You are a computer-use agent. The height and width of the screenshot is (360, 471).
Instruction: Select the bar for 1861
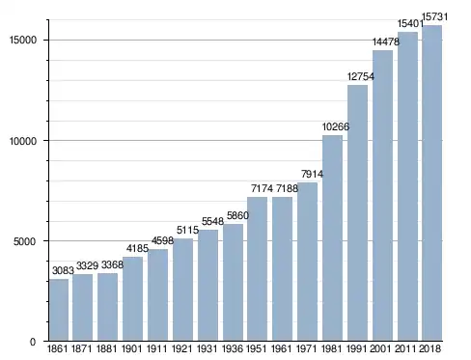(59, 310)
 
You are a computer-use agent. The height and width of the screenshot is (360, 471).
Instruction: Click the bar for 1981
(332, 238)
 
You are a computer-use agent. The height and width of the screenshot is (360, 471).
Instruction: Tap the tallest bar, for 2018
(432, 183)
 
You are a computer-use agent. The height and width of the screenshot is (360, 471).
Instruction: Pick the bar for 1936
(233, 283)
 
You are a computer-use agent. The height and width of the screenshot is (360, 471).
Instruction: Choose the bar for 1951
(257, 269)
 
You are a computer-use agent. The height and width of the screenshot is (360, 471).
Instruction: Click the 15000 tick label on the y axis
(23, 41)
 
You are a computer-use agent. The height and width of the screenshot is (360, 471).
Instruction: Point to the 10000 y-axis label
(23, 141)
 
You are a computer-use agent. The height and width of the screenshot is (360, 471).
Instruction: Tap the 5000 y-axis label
(25, 241)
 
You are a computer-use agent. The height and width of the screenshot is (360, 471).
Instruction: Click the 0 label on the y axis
(33, 342)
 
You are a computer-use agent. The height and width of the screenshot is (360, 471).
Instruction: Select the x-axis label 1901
(132, 348)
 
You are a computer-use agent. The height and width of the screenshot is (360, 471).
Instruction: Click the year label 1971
(307, 348)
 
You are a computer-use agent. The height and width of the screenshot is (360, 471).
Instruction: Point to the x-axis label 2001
(381, 348)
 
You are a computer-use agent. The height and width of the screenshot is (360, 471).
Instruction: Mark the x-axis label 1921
(182, 348)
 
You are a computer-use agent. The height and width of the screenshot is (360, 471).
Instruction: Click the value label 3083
(63, 270)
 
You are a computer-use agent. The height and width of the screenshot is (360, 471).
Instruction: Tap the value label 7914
(312, 174)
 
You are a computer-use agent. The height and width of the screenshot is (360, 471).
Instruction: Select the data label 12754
(361, 76)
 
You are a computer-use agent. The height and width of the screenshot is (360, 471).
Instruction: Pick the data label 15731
(434, 16)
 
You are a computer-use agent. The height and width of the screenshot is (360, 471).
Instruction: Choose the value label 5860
(237, 215)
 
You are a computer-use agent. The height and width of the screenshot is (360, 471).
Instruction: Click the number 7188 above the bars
(288, 188)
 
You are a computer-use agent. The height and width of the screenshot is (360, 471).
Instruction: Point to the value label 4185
(137, 248)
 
